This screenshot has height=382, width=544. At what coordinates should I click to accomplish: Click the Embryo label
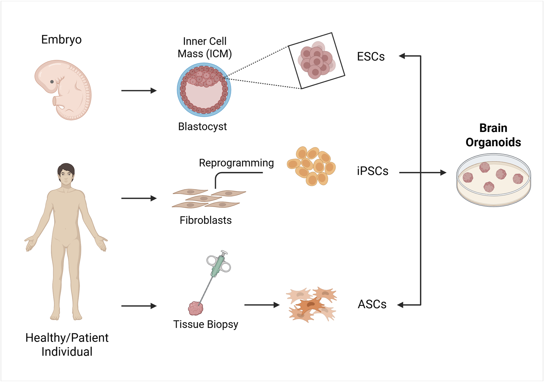coord(61,40)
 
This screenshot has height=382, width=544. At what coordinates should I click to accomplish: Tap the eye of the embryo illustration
coord(52,82)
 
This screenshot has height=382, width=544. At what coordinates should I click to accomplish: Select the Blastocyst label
coord(202,126)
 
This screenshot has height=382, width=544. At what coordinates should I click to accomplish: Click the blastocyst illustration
coord(204,90)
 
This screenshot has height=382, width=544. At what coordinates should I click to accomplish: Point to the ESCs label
coord(370,57)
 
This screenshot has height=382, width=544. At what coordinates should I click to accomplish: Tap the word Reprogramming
coord(236,163)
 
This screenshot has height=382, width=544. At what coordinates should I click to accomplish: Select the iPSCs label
coord(372,171)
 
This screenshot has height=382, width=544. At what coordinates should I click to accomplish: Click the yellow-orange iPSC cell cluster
coord(311,166)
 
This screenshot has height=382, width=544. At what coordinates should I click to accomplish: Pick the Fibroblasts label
coord(206,220)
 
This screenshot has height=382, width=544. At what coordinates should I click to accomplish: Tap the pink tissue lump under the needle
coord(196,308)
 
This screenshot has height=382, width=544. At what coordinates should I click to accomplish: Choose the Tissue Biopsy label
coord(206,324)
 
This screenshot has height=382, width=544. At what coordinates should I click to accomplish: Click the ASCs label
coord(372,304)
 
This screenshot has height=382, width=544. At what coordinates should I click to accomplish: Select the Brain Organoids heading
coord(493,135)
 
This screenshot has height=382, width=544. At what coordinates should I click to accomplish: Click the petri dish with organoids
coord(493,180)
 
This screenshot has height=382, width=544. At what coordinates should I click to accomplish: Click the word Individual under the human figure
coord(67,352)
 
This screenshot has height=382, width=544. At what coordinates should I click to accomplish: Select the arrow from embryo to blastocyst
coord(139,91)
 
